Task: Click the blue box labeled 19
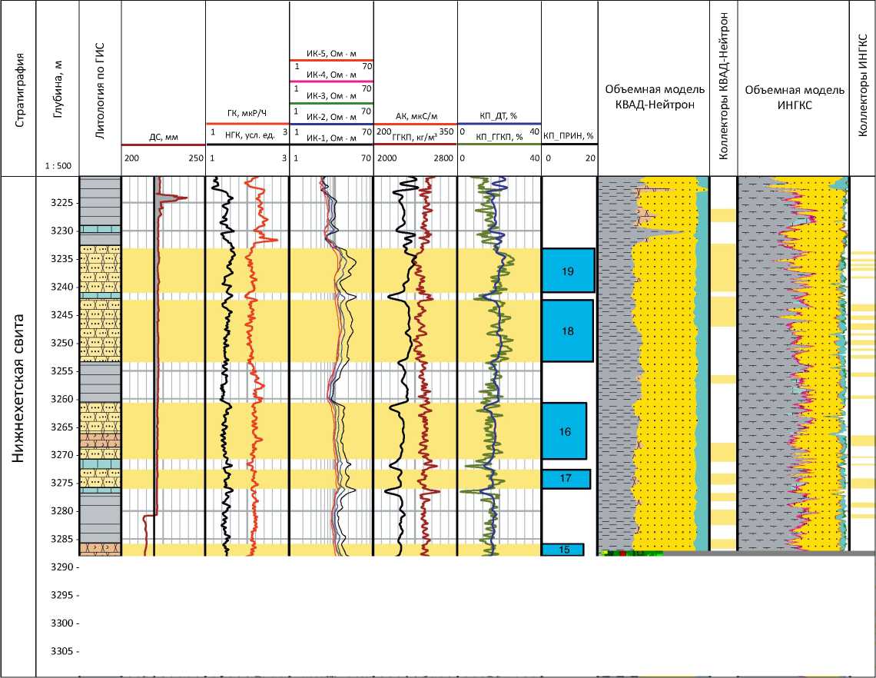tap(568, 271)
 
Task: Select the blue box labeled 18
tap(568, 331)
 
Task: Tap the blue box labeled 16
tap(565, 431)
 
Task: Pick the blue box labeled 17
tap(566, 478)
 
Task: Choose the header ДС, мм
tap(163, 138)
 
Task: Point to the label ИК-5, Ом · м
tap(331, 53)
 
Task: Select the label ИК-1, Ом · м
tap(331, 138)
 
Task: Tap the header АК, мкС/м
tap(414, 115)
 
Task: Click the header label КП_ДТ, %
tap(499, 115)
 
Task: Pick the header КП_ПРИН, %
tap(569, 136)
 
